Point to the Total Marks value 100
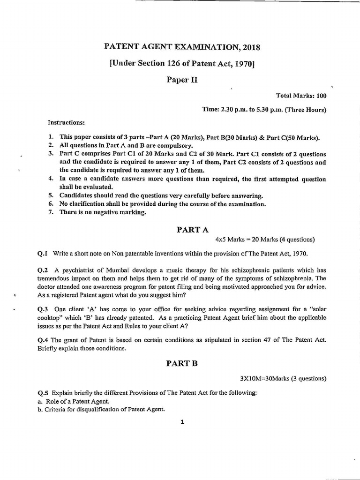tap(321, 96)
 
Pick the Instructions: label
tap(66, 122)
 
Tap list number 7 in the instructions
tap(51, 212)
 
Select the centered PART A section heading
tap(192, 229)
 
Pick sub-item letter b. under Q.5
tap(40, 409)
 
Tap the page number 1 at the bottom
tap(182, 422)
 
